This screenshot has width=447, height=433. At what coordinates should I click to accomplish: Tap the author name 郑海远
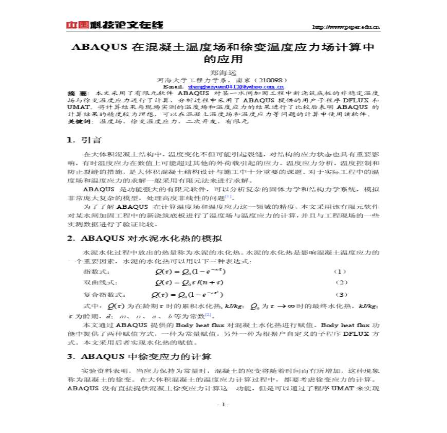(223, 73)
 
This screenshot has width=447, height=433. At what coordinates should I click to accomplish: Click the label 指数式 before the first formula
(97, 271)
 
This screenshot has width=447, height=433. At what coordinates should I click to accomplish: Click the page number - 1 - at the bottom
(223, 404)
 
